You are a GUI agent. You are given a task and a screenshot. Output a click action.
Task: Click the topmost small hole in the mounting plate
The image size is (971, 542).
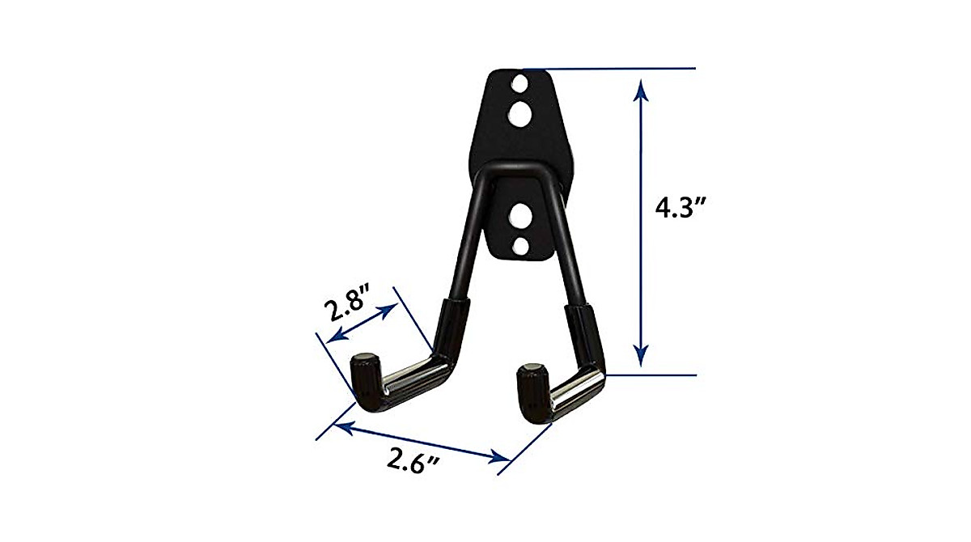519,83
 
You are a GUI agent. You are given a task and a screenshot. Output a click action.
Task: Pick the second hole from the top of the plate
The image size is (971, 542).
519,113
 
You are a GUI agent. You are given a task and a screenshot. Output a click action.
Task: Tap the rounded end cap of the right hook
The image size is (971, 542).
530,371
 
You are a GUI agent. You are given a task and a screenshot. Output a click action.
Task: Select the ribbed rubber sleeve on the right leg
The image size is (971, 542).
584,332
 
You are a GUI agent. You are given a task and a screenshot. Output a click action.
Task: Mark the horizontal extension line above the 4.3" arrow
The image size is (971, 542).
615,69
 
